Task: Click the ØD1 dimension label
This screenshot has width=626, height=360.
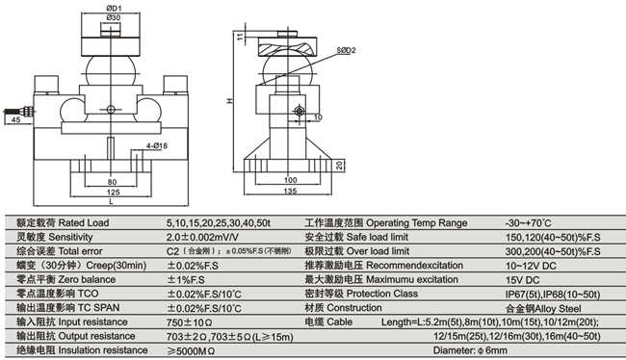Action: pyautogui.click(x=115, y=8)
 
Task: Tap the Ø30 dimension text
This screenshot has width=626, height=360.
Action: pyautogui.click(x=114, y=17)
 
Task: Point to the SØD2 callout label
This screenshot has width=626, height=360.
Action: pyautogui.click(x=346, y=50)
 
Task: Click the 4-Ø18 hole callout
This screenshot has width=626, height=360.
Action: pyautogui.click(x=156, y=145)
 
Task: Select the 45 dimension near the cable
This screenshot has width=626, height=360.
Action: pyautogui.click(x=15, y=119)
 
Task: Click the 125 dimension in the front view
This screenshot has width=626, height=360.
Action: pyautogui.click(x=113, y=193)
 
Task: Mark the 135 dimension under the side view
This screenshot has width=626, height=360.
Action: pyautogui.click(x=290, y=192)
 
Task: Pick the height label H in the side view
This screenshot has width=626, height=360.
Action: pyautogui.click(x=230, y=101)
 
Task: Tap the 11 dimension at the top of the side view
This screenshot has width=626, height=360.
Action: pyautogui.click(x=240, y=37)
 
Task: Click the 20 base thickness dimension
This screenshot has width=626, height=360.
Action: pyautogui.click(x=339, y=166)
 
